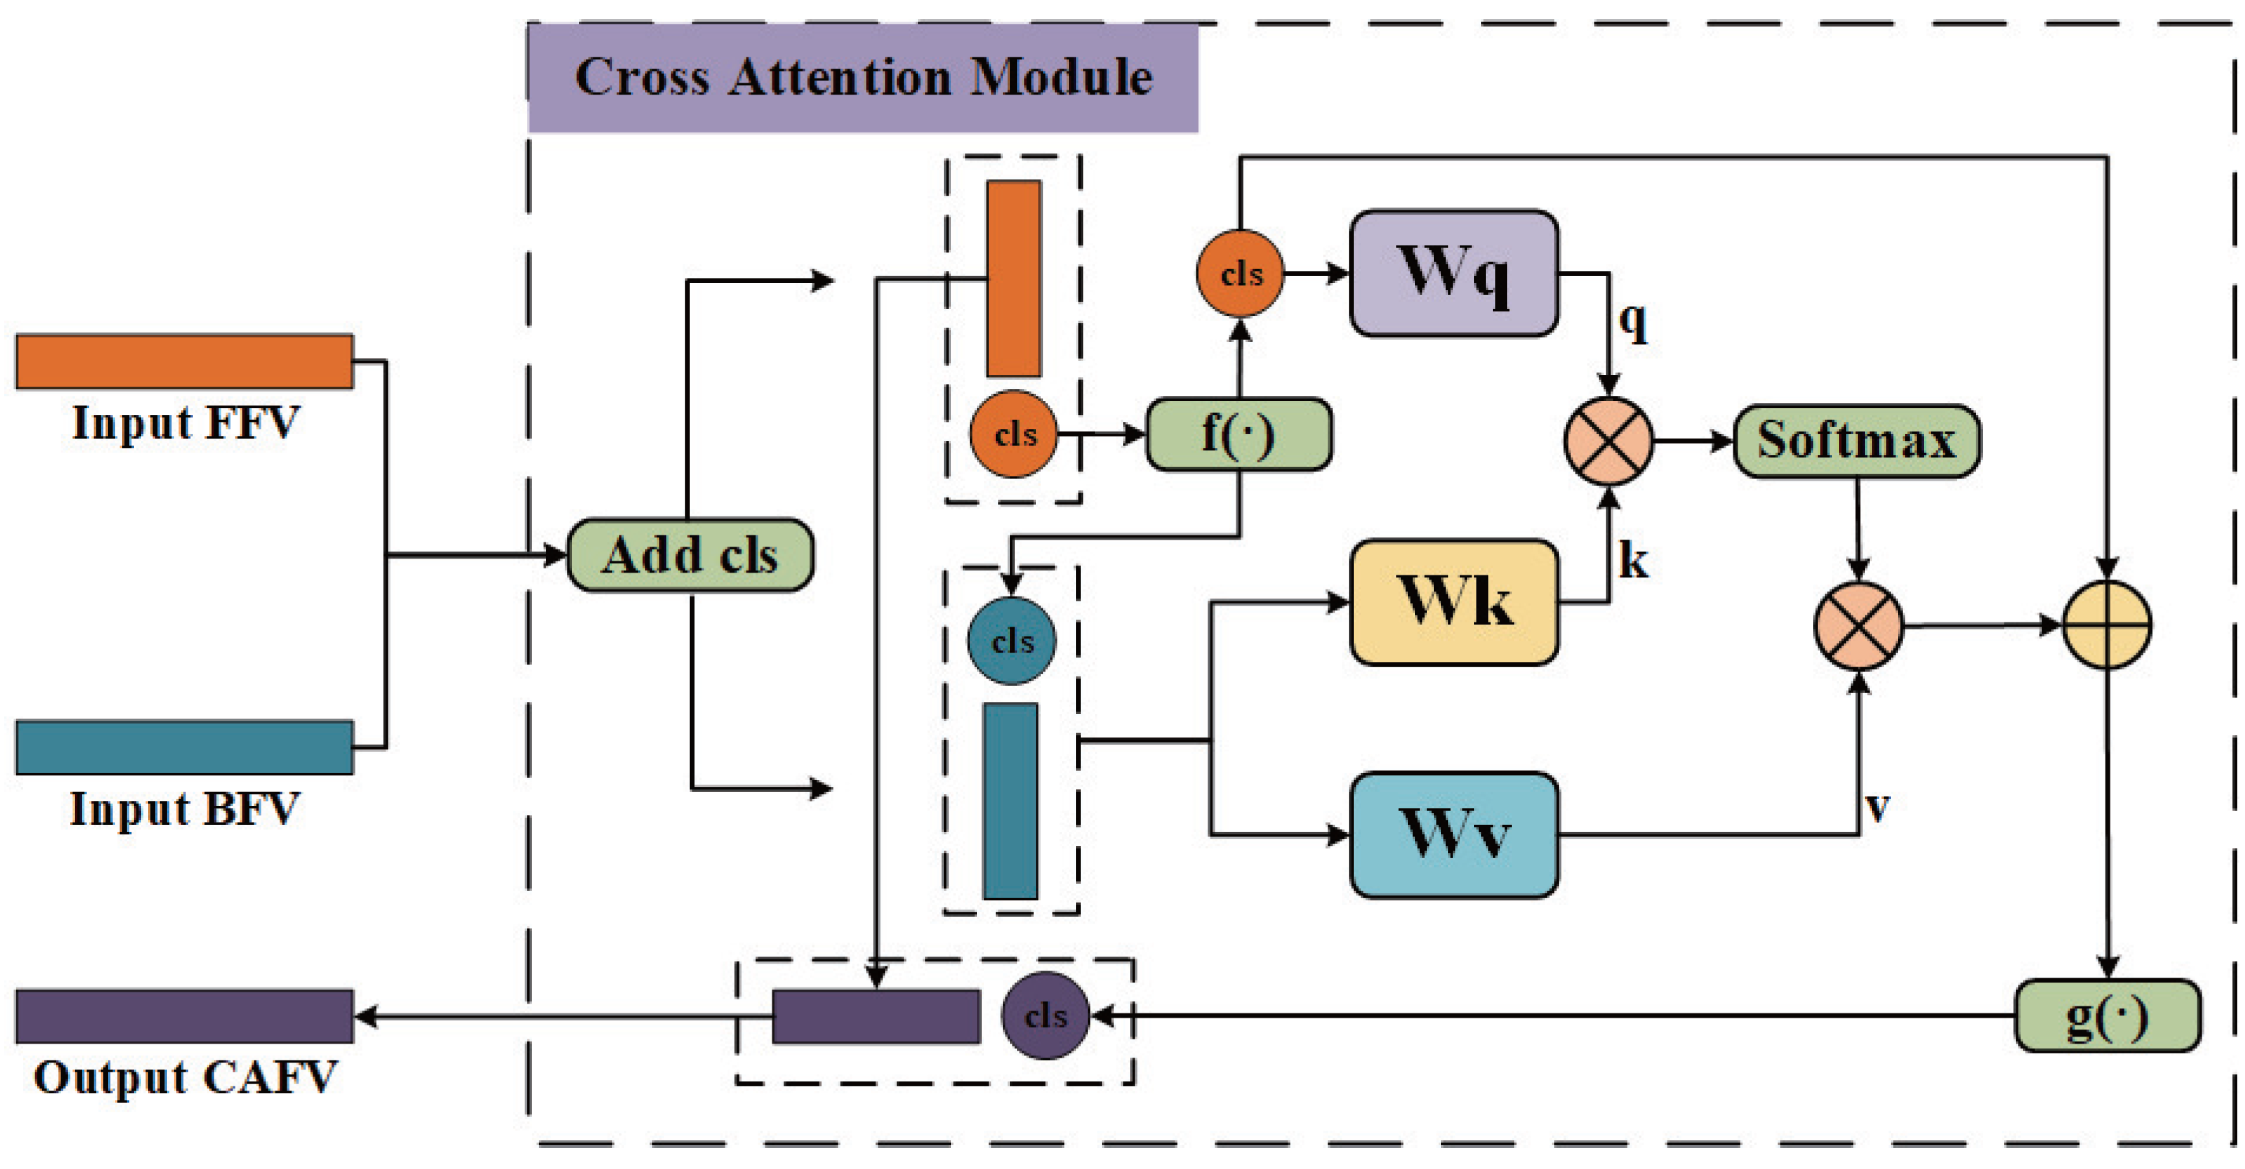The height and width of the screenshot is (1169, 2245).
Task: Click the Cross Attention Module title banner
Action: click(x=863, y=78)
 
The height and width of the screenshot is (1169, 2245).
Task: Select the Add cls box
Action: click(x=690, y=555)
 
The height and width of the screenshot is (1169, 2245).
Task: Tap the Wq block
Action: click(x=1454, y=273)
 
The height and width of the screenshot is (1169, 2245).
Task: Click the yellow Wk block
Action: click(x=1454, y=602)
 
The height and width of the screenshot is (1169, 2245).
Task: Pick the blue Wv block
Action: click(x=1454, y=834)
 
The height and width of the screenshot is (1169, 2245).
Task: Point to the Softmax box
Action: click(x=1856, y=441)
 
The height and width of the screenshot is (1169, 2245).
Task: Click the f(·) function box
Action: click(x=1238, y=434)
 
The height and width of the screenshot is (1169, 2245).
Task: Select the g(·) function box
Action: click(x=2108, y=1016)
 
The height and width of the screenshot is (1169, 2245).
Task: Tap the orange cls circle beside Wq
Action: click(x=1240, y=274)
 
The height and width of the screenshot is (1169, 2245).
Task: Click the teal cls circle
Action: click(x=1012, y=641)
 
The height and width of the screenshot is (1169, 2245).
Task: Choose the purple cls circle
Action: click(x=1045, y=1016)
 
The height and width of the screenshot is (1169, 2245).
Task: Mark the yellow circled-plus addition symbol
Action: click(x=2108, y=625)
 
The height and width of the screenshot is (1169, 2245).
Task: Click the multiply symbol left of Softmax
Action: click(x=1609, y=441)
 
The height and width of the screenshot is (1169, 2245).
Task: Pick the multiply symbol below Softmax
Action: click(x=1858, y=626)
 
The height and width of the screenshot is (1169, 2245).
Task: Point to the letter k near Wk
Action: click(x=1633, y=561)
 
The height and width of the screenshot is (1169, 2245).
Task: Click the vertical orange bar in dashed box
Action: click(x=1014, y=278)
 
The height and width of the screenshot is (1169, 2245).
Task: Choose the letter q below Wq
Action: click(x=1633, y=322)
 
